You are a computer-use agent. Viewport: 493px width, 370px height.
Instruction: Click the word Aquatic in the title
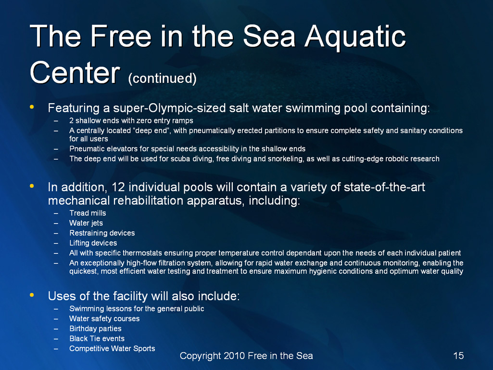pos(355,37)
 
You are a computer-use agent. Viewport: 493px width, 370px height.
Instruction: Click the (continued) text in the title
pos(162,78)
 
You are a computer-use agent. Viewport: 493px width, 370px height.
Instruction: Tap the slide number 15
pos(458,356)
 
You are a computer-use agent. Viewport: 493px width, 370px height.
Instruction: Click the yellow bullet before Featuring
pos(32,107)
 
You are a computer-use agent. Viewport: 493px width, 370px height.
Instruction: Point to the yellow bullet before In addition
pos(32,186)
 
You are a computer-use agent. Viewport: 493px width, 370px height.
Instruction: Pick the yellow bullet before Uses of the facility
pos(32,295)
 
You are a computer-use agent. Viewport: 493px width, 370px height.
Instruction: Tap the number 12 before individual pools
pos(118,187)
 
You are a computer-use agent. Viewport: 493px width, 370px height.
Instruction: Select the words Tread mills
pos(88,213)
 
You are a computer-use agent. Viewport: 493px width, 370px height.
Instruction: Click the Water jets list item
pos(86,223)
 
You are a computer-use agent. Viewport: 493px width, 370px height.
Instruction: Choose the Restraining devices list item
pos(102,233)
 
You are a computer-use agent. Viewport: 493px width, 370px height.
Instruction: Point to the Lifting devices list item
pos(93,243)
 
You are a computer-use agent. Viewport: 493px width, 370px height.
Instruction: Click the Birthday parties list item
pos(95,329)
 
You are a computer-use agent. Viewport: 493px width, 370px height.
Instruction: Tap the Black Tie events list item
pos(97,339)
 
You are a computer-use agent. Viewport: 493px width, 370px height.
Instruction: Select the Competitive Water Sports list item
pos(112,349)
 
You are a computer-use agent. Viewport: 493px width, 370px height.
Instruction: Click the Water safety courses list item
pos(104,318)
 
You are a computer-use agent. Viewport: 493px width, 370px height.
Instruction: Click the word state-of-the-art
pos(384,187)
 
